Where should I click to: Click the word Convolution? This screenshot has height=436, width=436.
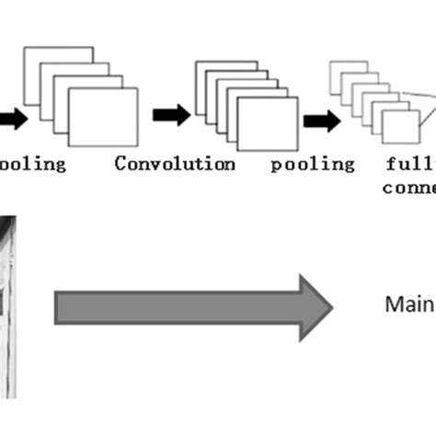point(175,164)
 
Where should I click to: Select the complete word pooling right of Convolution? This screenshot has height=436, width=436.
point(313,164)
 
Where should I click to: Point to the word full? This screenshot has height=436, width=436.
point(408,164)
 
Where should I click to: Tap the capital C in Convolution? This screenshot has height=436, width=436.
point(120,164)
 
